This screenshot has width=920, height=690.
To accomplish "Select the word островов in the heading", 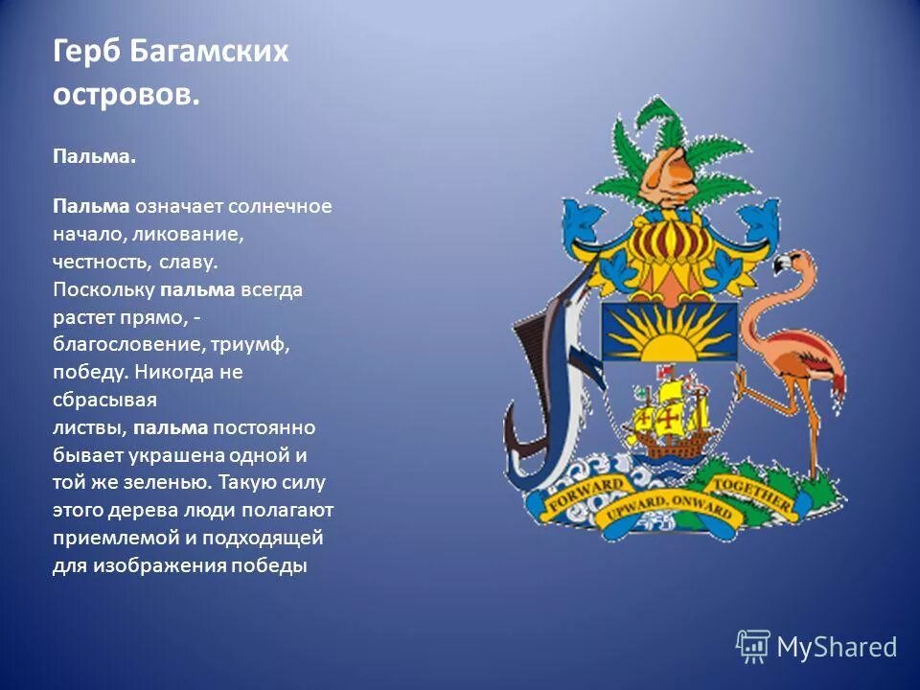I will (126, 95).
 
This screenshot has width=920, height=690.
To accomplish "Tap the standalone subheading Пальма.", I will (94, 156).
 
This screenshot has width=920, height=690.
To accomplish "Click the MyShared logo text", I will (836, 648).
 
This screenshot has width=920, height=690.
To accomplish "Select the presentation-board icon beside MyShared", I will (752, 647).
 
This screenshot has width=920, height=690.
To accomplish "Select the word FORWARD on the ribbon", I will (586, 493).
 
